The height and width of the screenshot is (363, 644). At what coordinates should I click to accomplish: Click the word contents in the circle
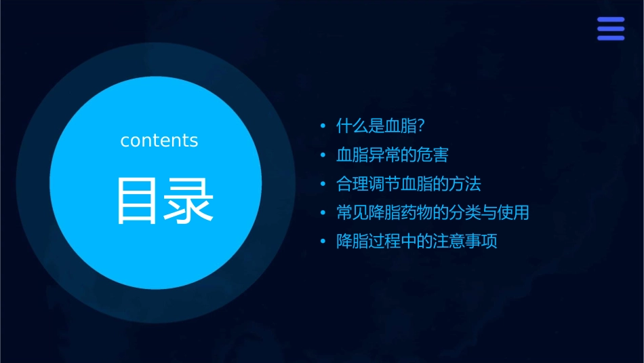[x=159, y=140]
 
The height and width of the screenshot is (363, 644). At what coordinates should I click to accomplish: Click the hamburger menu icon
[x=611, y=28]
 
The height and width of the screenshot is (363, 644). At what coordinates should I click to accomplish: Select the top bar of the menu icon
[x=611, y=20]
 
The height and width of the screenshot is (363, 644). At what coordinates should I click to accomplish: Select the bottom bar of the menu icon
[x=611, y=38]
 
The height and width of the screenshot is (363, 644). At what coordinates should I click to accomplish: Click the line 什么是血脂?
[x=384, y=126]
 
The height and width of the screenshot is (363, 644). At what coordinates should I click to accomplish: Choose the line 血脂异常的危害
[x=392, y=155]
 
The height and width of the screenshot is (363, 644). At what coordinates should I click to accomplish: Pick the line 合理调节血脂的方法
[x=408, y=184]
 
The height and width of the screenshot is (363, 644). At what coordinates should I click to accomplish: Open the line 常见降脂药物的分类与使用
[x=432, y=212]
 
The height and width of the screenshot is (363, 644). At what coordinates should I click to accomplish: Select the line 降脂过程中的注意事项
[x=416, y=242]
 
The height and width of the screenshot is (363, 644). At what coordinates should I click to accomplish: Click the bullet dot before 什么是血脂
[x=323, y=127]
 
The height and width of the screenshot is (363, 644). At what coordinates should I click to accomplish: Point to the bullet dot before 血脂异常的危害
[x=323, y=155]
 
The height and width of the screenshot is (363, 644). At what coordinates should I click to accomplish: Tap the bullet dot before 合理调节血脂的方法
[x=323, y=185]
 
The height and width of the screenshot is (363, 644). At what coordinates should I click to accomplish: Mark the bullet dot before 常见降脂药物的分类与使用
[x=323, y=213]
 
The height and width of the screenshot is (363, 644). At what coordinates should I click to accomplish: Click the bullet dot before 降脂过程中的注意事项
[x=323, y=242]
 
